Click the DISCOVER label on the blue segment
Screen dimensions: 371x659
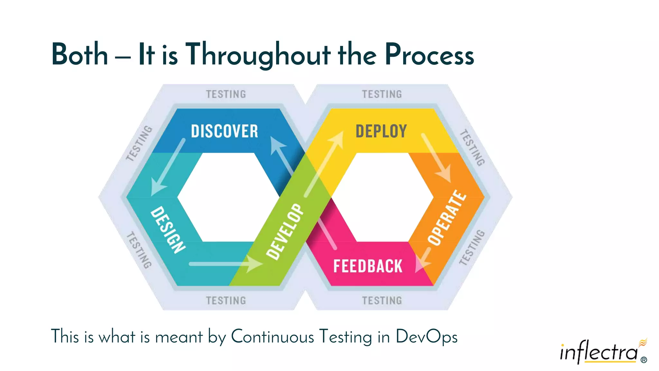click(225, 131)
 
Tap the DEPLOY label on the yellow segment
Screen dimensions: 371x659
click(381, 131)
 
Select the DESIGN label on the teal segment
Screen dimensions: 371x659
click(168, 230)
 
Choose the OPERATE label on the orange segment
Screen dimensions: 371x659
click(447, 218)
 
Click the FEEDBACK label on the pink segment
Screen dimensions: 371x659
click(368, 266)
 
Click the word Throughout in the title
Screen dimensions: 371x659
click(258, 55)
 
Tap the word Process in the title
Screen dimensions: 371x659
click(429, 55)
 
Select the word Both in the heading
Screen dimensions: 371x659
click(79, 55)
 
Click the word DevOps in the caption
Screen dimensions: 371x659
click(426, 337)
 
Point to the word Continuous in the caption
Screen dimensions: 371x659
click(272, 337)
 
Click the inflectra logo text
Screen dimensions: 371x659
click(599, 352)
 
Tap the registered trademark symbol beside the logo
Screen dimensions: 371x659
click(644, 360)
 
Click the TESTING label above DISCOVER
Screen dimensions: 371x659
click(226, 94)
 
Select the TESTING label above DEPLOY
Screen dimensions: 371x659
click(382, 94)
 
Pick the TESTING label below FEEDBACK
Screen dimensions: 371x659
click(382, 301)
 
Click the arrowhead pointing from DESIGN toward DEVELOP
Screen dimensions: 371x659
click(255, 264)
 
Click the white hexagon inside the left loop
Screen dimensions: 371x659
click(228, 197)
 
